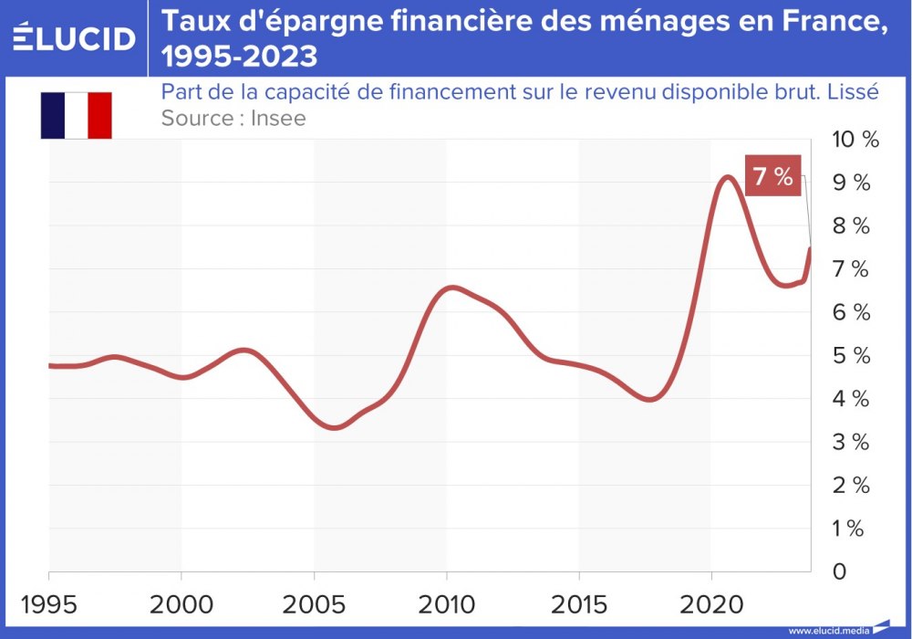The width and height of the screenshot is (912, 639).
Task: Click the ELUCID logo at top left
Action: pyautogui.click(x=75, y=37)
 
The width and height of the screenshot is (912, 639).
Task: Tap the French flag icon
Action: pyautogui.click(x=76, y=115)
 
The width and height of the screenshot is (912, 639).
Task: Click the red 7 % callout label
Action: pyautogui.click(x=772, y=176)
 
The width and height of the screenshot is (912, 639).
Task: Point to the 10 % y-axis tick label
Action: pyautogui.click(x=855, y=140)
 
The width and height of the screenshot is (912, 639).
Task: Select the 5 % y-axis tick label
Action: pyautogui.click(x=849, y=355)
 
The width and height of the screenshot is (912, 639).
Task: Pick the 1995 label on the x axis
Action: pyautogui.click(x=48, y=604)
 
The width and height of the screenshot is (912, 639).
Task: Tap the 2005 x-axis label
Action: pyautogui.click(x=314, y=604)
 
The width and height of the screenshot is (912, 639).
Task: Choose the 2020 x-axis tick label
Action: pyautogui.click(x=711, y=604)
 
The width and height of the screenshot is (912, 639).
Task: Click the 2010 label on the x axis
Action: pyautogui.click(x=447, y=604)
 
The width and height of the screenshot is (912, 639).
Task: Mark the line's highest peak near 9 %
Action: pyautogui.click(x=727, y=177)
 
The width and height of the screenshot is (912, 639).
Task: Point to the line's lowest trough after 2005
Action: pyautogui.click(x=334, y=427)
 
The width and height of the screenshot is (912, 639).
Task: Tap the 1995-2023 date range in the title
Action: pyautogui.click(x=239, y=57)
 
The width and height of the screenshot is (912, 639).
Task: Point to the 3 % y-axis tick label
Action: pyautogui.click(x=849, y=442)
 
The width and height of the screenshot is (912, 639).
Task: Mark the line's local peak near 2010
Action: pyautogui.click(x=452, y=288)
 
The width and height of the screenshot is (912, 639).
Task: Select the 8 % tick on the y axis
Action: pyautogui.click(x=849, y=225)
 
